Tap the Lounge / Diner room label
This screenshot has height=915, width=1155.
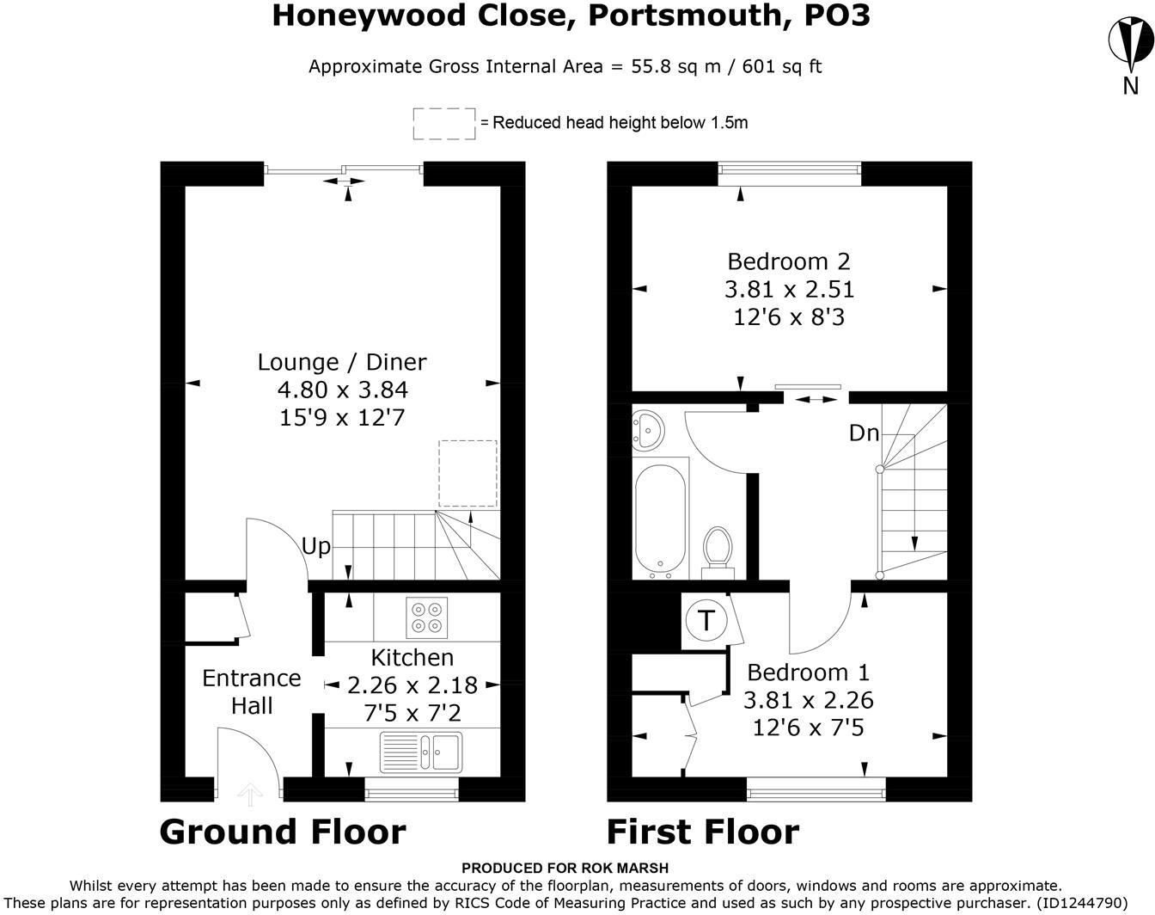pos(342,362)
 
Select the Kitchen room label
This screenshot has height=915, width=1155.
pos(412,658)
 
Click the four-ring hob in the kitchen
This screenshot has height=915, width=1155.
pos(427,617)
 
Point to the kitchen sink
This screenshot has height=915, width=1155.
pos(421,752)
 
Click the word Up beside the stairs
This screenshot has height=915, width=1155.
pos(315,547)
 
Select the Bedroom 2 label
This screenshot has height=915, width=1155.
pos(789,261)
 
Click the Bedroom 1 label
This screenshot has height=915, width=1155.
pos(808,672)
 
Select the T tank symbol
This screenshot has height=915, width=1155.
pos(706,620)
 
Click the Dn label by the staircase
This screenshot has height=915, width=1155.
pos(864,433)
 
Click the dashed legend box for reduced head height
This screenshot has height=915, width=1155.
pos(444,123)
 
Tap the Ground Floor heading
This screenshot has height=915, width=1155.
pos(283,832)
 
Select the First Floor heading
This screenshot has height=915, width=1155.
pos(702,832)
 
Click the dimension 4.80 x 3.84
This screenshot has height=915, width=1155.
pos(342,390)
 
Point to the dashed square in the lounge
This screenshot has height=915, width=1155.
pos(467,473)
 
